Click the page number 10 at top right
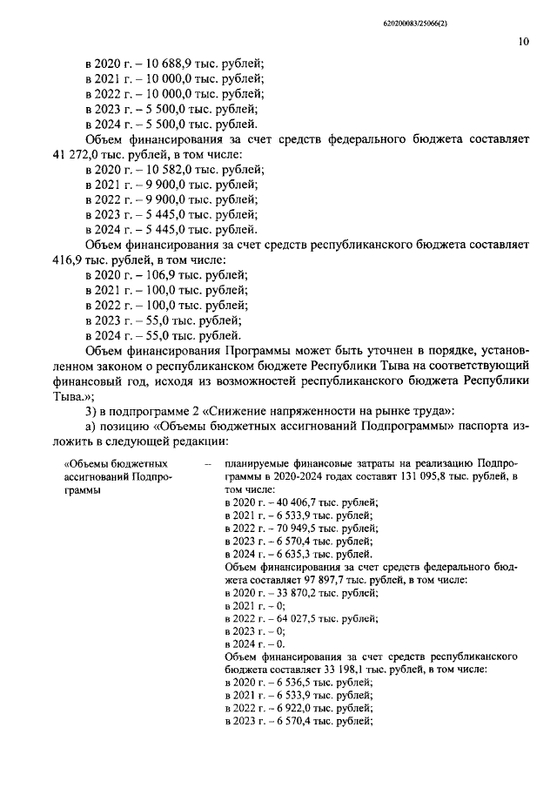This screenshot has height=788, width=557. point(522,40)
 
